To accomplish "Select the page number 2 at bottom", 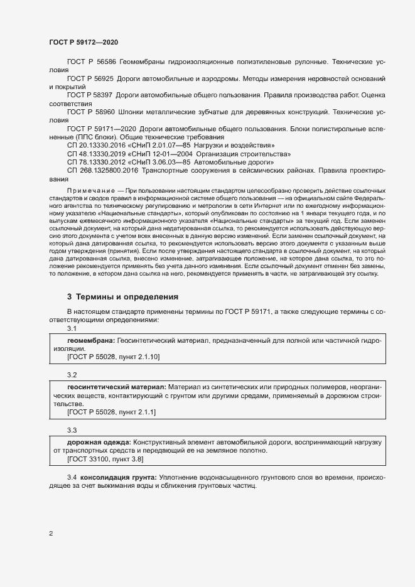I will click(x=51, y=534).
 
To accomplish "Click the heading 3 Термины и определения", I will click(x=122, y=296).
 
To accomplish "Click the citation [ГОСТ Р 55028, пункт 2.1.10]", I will click(x=114, y=357).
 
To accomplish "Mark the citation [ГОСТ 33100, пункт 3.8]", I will click(x=105, y=459).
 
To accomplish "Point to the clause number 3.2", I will click(x=72, y=375).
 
